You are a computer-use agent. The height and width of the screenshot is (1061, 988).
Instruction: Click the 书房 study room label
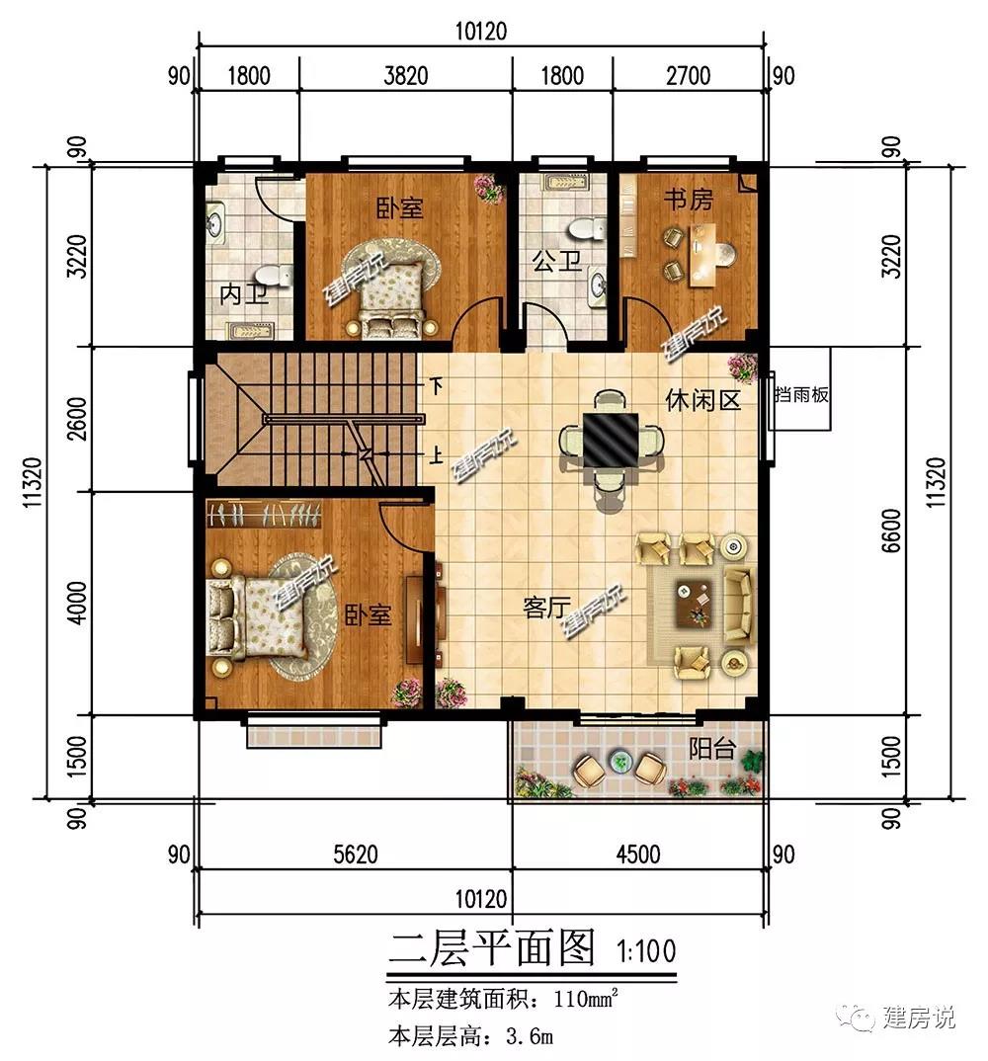[x=689, y=200]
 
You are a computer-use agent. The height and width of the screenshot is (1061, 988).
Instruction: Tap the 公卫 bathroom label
[x=556, y=261]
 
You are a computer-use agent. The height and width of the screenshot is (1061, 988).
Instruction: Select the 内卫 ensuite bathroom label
[x=244, y=295]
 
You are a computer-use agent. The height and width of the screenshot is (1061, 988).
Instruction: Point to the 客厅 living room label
[x=546, y=607]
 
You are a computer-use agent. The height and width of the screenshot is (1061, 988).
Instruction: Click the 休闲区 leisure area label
[x=703, y=400]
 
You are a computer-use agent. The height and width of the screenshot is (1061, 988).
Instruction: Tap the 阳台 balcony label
[x=712, y=749]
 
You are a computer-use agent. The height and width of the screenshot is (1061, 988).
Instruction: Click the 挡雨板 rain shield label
[x=801, y=395]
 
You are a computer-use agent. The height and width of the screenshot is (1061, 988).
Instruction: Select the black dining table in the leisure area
[x=611, y=441]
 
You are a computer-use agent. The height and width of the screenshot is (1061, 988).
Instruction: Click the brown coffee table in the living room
[x=694, y=605]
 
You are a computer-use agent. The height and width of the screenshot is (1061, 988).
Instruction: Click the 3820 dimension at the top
[x=406, y=75]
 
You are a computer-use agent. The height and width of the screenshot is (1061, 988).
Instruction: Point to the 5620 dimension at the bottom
[x=356, y=855]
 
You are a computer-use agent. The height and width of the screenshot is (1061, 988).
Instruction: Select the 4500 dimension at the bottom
[x=638, y=855]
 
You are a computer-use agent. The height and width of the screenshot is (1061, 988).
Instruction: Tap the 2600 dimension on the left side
[x=78, y=419]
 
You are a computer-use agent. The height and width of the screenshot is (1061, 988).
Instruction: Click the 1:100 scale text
[x=646, y=950]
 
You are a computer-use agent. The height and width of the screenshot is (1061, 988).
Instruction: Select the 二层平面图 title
[x=492, y=947]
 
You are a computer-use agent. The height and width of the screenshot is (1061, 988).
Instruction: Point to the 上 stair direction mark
[x=437, y=455]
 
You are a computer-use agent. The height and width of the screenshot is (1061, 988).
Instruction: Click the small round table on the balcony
[x=619, y=761]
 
